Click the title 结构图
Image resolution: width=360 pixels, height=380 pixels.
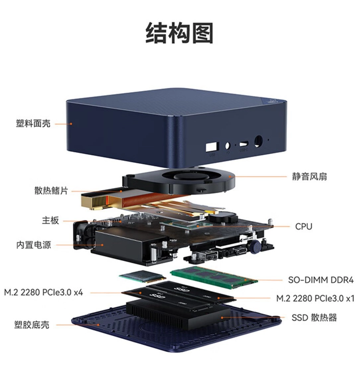click(x=180, y=33)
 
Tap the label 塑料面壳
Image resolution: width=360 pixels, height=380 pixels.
click(x=33, y=123)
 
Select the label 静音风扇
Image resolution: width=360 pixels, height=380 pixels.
click(x=309, y=176)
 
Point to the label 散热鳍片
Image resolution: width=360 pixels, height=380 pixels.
click(x=51, y=191)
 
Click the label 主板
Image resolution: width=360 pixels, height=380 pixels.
click(x=50, y=221)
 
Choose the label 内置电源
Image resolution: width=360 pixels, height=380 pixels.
click(x=34, y=245)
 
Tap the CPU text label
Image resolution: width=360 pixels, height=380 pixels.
click(x=304, y=226)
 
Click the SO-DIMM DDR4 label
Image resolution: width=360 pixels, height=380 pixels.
click(x=321, y=280)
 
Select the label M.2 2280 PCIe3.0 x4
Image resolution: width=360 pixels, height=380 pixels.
click(x=44, y=292)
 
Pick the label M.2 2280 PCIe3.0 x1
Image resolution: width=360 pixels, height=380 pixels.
click(x=316, y=298)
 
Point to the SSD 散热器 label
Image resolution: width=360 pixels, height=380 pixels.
click(x=314, y=317)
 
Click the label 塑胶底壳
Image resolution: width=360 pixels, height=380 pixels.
click(x=32, y=325)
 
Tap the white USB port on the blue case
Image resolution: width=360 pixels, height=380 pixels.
click(x=212, y=147)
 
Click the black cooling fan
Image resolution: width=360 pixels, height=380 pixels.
click(x=179, y=181)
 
